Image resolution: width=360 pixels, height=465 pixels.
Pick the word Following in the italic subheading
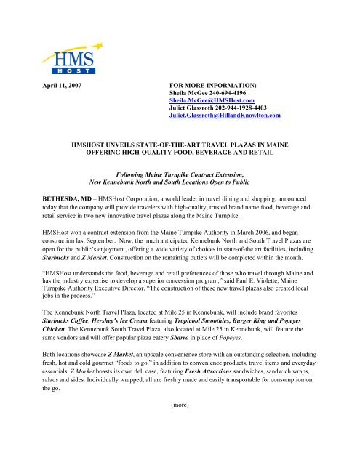131,174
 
